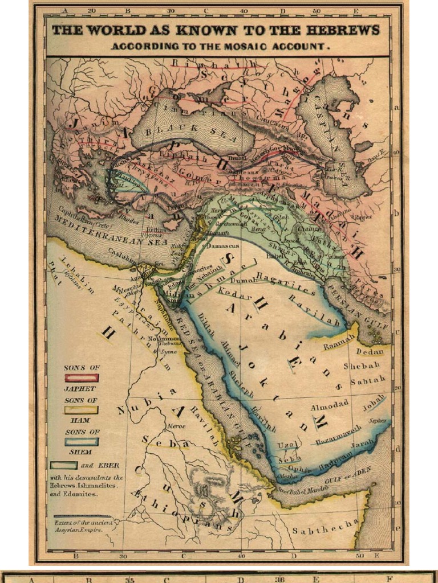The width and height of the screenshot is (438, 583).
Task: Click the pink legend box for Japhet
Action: pyautogui.click(x=82, y=377)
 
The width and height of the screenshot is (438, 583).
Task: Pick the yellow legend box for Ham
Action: pyautogui.click(x=82, y=410)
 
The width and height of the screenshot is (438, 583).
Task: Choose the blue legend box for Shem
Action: pyautogui.click(x=82, y=441)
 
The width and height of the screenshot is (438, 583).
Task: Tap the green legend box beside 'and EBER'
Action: pyautogui.click(x=63, y=465)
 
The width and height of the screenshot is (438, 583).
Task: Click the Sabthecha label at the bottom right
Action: pyautogui.click(x=325, y=527)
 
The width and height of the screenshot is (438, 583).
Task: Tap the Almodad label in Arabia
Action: pyautogui.click(x=329, y=408)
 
